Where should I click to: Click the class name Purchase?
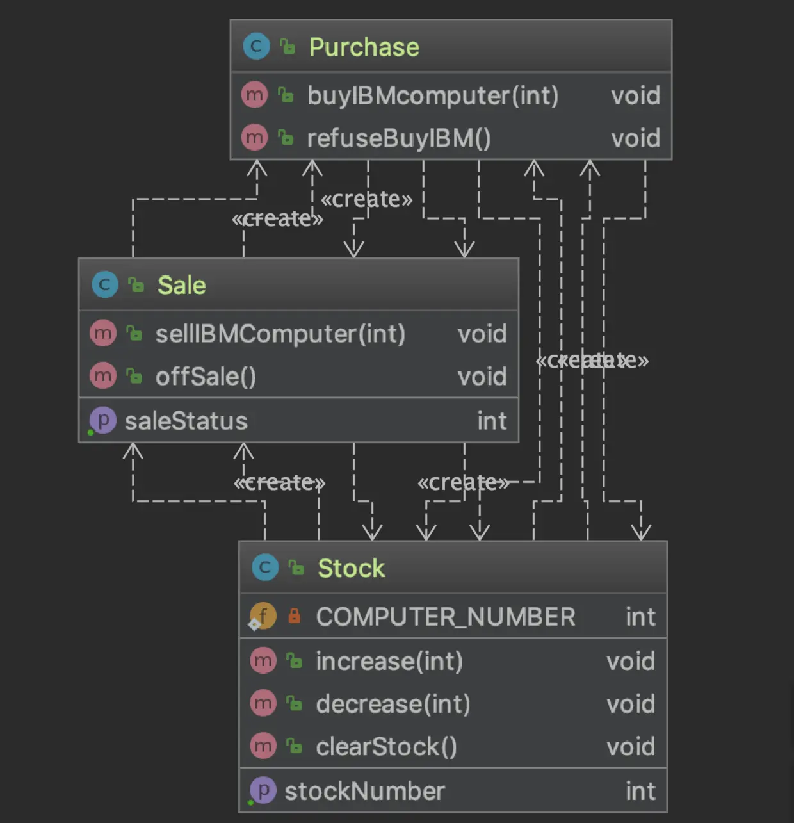pos(364,47)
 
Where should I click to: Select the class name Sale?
pos(182,285)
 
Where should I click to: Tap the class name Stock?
pos(352,568)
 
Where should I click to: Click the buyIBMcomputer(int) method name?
pos(433,96)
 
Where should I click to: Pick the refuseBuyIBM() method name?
pos(399,138)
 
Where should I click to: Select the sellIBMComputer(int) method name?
pos(280,334)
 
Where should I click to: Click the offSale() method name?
pos(206,377)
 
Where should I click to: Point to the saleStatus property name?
pos(186,421)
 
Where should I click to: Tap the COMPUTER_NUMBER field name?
pos(446,617)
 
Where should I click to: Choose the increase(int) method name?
pos(389,661)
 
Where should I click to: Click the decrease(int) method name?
pos(393,704)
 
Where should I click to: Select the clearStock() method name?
pos(386,747)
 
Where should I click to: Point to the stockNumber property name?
pos(364,791)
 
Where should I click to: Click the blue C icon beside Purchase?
pos(256,46)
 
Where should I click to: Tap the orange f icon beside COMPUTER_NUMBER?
pos(263,616)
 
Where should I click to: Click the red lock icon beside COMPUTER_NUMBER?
pos(295,616)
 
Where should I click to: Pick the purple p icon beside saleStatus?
pos(102,420)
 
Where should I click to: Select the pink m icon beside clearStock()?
pos(263,746)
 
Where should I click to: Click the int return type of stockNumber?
pos(640,791)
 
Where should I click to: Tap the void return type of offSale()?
pos(482,377)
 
